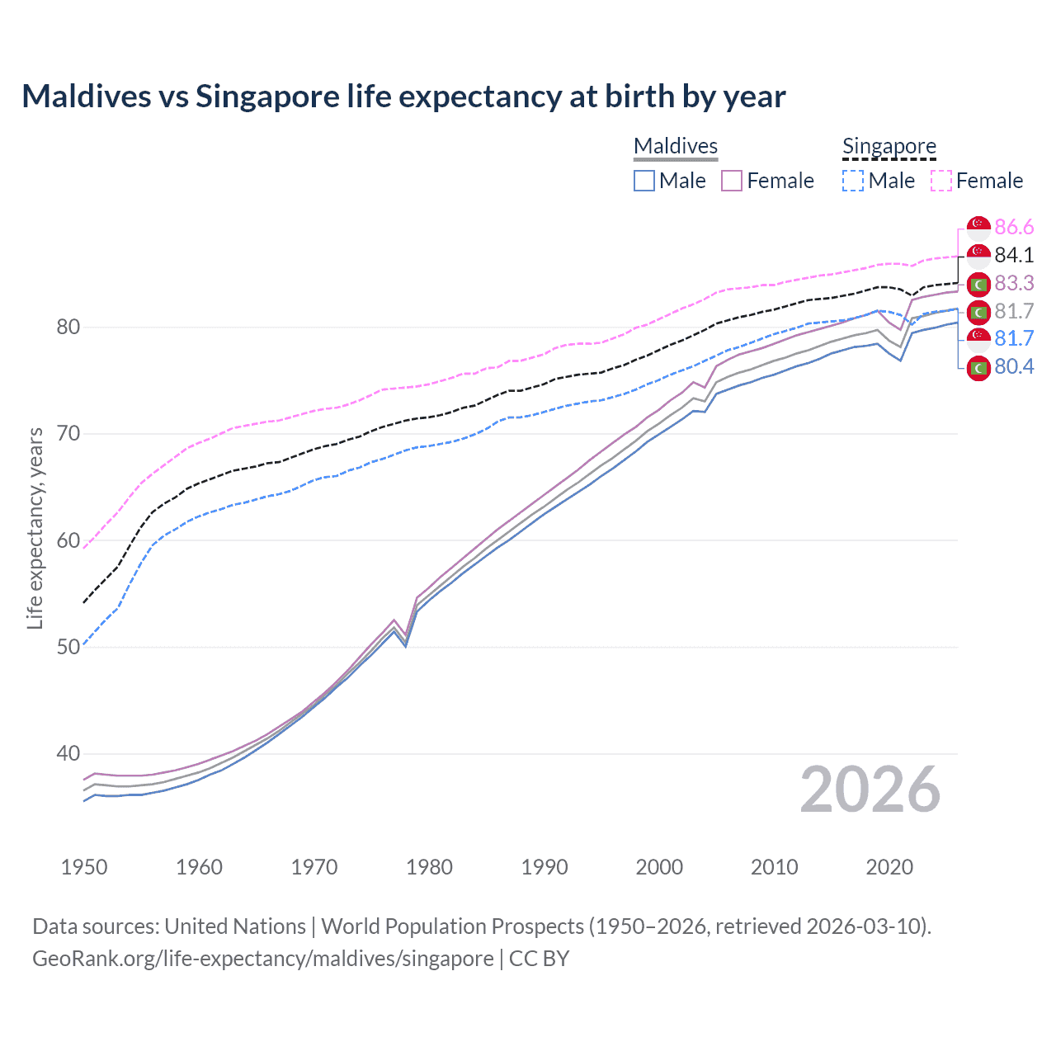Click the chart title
(x=403, y=97)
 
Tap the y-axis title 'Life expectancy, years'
(x=35, y=528)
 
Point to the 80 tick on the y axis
(x=68, y=328)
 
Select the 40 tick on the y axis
(x=68, y=754)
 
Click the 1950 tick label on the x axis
(x=84, y=867)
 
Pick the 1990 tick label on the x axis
(x=544, y=867)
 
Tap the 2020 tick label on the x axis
(x=889, y=867)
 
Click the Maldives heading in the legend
(x=676, y=146)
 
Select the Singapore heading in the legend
(x=889, y=146)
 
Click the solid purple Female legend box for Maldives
(x=732, y=181)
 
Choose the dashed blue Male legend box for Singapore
(x=853, y=181)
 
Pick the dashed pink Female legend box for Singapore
(x=941, y=181)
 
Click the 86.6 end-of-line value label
(x=1014, y=228)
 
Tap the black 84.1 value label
(x=1014, y=256)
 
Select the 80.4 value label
(x=1014, y=367)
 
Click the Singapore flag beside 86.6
(x=978, y=228)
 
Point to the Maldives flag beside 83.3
(x=978, y=284)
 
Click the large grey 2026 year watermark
(x=870, y=790)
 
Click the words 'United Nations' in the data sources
(x=235, y=926)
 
